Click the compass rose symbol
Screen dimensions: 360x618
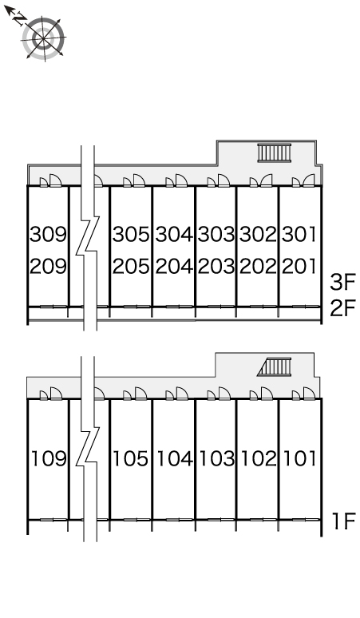43,38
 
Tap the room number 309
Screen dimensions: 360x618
49,234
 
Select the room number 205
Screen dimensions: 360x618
131,267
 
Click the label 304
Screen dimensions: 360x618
174,234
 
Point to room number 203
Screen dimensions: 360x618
216,267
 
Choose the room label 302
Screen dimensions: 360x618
259,234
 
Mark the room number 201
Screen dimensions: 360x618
299,267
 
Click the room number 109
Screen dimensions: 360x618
49,458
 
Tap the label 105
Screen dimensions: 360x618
130,458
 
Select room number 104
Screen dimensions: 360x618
175,458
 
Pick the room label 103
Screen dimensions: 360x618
217,458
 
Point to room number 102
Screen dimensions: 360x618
259,458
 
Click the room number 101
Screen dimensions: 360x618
300,458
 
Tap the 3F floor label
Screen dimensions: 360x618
342,282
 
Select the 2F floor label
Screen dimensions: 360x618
342,308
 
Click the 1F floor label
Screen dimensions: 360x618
344,521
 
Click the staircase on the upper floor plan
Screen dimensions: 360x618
275,153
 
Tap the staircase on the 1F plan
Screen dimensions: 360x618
275,367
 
